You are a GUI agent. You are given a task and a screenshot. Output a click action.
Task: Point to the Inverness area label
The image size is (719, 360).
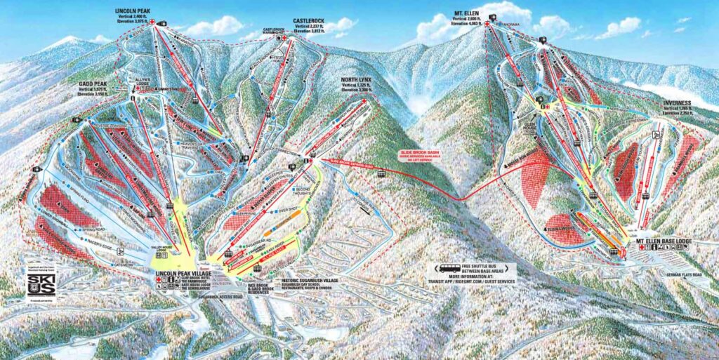(677, 102)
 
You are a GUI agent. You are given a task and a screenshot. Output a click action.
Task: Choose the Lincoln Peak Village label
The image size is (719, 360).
(185, 271)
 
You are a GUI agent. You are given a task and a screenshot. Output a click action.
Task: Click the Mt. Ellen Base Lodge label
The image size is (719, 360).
(664, 241)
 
